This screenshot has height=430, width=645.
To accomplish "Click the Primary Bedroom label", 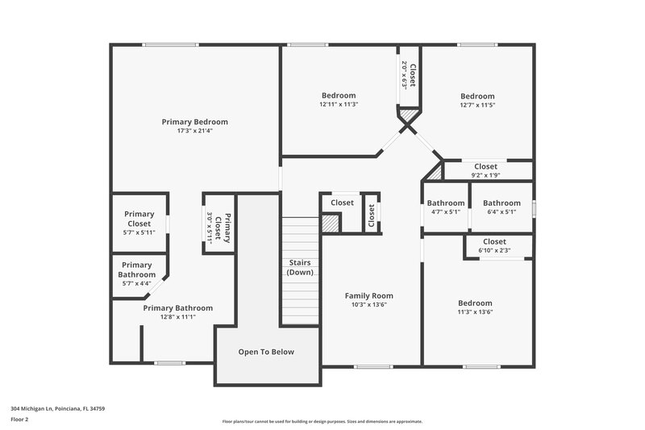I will click(x=194, y=122).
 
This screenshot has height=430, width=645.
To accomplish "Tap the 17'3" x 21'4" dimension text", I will click(x=194, y=132).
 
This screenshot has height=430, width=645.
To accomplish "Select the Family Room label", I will click(x=369, y=296).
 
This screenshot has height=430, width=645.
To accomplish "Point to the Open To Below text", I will click(x=266, y=352).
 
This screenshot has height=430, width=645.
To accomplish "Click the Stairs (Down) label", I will click(x=299, y=268).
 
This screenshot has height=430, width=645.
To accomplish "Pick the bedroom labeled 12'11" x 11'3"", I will click(x=339, y=99).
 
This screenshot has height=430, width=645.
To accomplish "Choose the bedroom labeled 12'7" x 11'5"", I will click(x=476, y=99).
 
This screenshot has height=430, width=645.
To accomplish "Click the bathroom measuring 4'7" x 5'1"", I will click(x=446, y=207).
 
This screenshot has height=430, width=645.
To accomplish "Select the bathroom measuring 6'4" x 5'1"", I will click(x=501, y=207).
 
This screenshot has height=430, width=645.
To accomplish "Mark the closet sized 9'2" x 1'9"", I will click(x=485, y=170).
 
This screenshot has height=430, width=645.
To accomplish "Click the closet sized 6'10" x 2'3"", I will click(x=494, y=245).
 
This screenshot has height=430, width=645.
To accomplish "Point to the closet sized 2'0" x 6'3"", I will click(x=409, y=77).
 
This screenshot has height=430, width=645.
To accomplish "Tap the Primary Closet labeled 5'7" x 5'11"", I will click(x=139, y=223).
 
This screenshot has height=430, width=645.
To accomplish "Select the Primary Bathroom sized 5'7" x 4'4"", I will click(x=136, y=273).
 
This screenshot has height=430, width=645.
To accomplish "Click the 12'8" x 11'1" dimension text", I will click(x=178, y=317).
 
